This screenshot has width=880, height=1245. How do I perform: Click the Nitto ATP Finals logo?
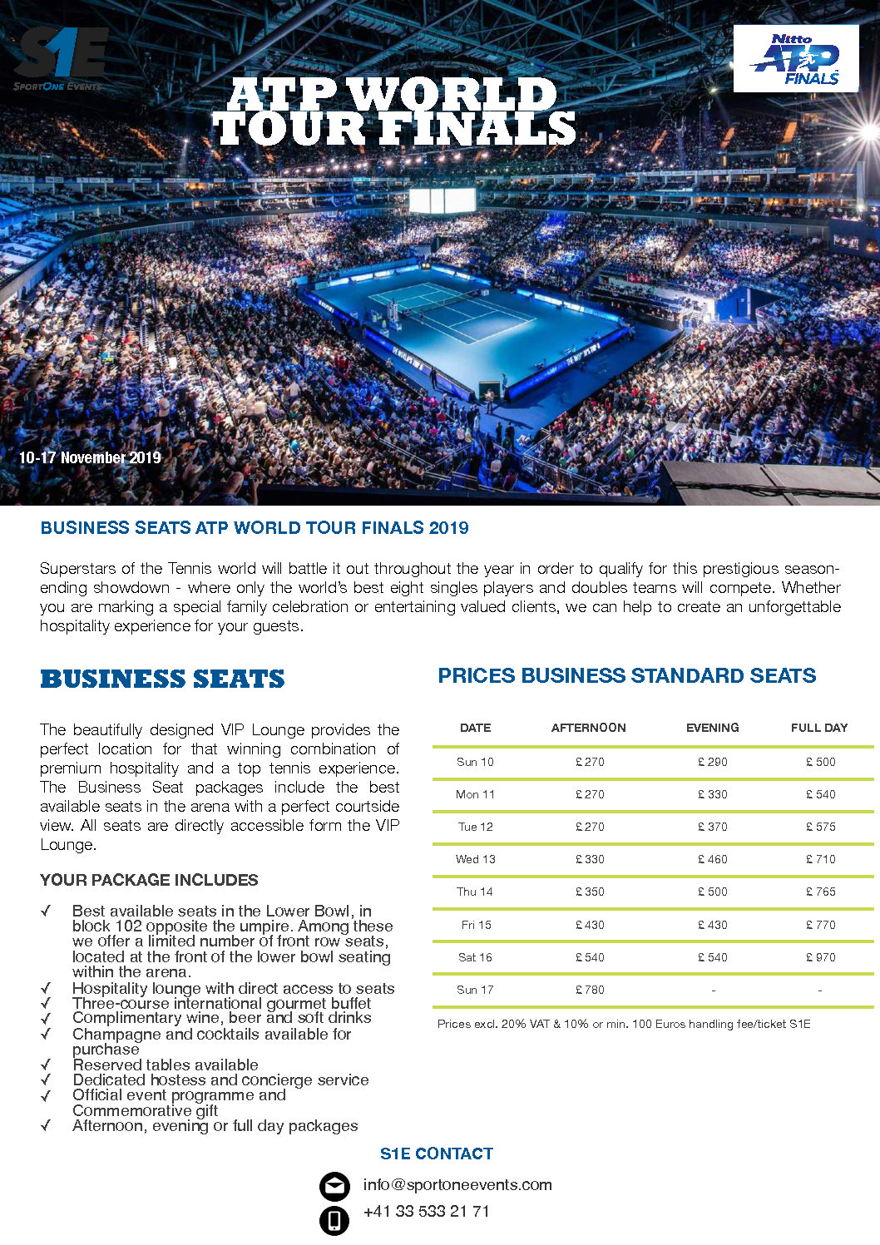pyautogui.click(x=795, y=58)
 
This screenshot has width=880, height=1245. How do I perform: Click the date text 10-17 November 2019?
pyautogui.click(x=90, y=457)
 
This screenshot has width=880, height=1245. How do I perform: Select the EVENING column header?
pyautogui.click(x=712, y=728)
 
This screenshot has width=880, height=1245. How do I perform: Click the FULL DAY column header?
pyautogui.click(x=818, y=728)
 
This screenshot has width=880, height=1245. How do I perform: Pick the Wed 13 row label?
pyautogui.click(x=475, y=859)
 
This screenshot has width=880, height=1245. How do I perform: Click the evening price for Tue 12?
pyautogui.click(x=712, y=827)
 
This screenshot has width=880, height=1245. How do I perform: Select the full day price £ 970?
pyautogui.click(x=820, y=957)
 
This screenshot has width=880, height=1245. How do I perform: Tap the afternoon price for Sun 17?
pyautogui.click(x=590, y=990)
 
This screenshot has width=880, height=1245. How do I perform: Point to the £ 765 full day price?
pyautogui.click(x=820, y=892)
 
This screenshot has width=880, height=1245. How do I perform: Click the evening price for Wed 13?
pyautogui.click(x=712, y=859)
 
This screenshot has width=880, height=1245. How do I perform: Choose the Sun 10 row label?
pyautogui.click(x=475, y=762)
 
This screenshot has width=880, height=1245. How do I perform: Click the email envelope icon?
pyautogui.click(x=334, y=1186)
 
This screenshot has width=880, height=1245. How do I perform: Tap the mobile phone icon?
pyautogui.click(x=334, y=1220)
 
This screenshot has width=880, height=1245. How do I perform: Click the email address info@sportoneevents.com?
pyautogui.click(x=457, y=1185)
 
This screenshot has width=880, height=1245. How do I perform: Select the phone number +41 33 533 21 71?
pyautogui.click(x=427, y=1212)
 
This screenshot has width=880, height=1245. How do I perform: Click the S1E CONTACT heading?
pyautogui.click(x=437, y=1154)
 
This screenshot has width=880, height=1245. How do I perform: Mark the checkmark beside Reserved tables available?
pyautogui.click(x=46, y=1065)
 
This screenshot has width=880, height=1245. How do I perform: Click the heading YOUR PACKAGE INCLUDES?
pyautogui.click(x=149, y=880)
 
